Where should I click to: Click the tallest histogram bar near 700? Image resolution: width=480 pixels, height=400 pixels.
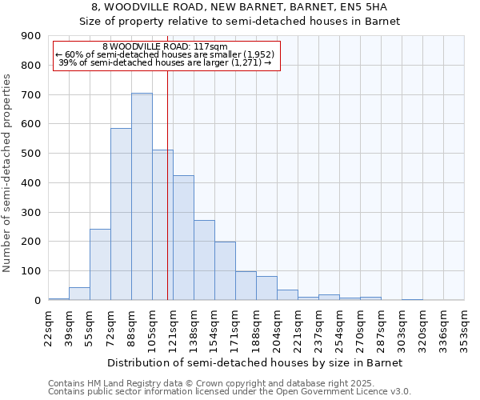click(x=142, y=197)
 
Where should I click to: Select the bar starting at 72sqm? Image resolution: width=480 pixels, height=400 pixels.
click(x=121, y=214)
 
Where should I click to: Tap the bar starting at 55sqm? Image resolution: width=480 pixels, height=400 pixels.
click(x=100, y=265)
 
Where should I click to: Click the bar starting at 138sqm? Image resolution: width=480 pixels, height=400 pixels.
click(x=204, y=260)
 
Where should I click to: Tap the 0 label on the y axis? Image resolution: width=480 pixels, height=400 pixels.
click(x=37, y=301)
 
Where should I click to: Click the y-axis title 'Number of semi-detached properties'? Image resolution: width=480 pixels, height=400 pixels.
click(x=8, y=173)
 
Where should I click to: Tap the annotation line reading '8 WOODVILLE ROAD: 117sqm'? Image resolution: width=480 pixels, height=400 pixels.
click(x=166, y=46)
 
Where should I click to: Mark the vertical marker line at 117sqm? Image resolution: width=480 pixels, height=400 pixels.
click(x=167, y=184)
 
